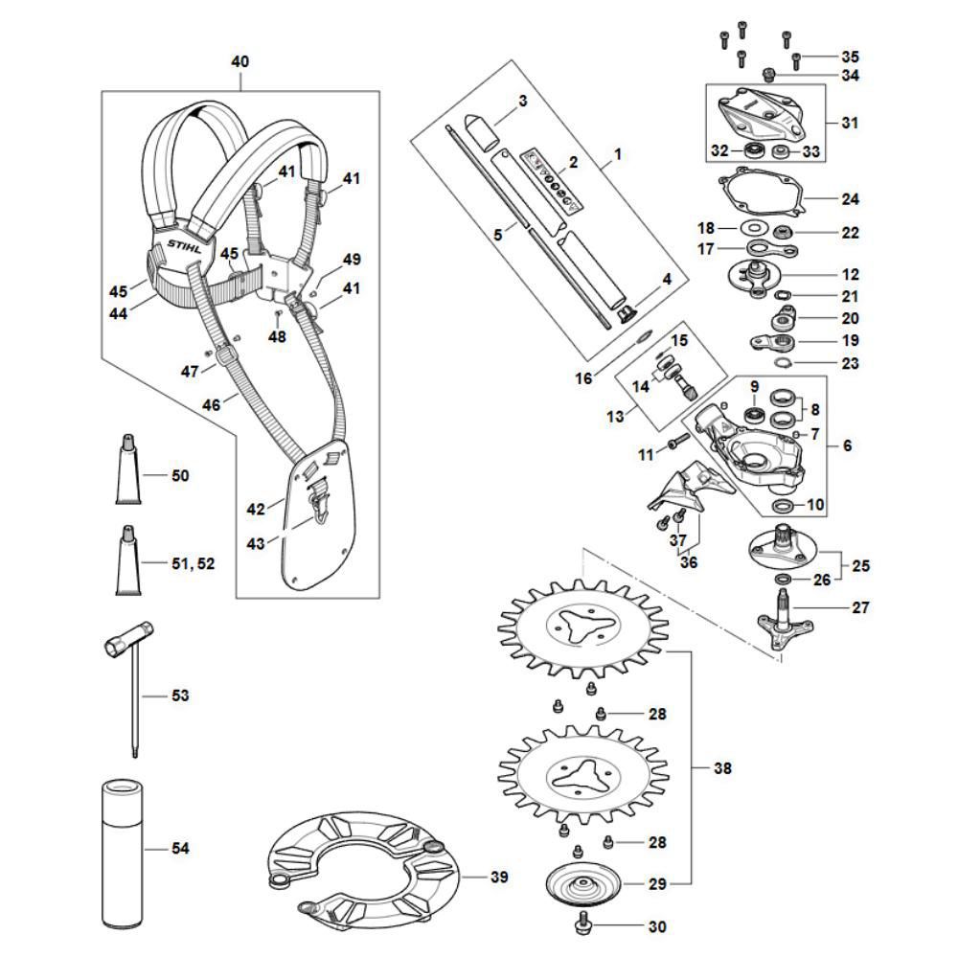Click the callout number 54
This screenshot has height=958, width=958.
click(180, 849)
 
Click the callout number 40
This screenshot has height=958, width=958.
click(239, 61)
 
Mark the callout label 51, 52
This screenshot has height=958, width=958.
click(193, 563)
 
